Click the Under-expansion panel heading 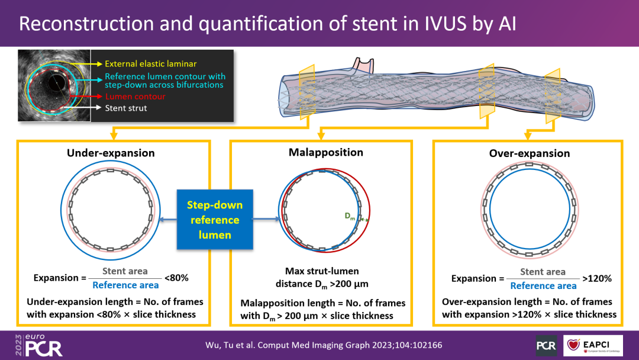111,153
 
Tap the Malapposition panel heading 325,153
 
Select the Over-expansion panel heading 530,153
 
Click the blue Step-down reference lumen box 215,219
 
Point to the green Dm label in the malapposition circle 350,216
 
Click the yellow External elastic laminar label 151,63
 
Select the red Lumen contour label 135,97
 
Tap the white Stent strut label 126,108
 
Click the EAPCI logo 593,346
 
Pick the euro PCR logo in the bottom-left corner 39,345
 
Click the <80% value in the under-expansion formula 176,278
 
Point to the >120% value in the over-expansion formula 597,279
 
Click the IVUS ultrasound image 54,86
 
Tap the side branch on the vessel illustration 363,66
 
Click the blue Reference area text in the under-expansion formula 125,285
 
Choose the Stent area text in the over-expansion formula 543,272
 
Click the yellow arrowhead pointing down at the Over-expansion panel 528,136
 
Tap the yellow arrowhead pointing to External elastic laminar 99,64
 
